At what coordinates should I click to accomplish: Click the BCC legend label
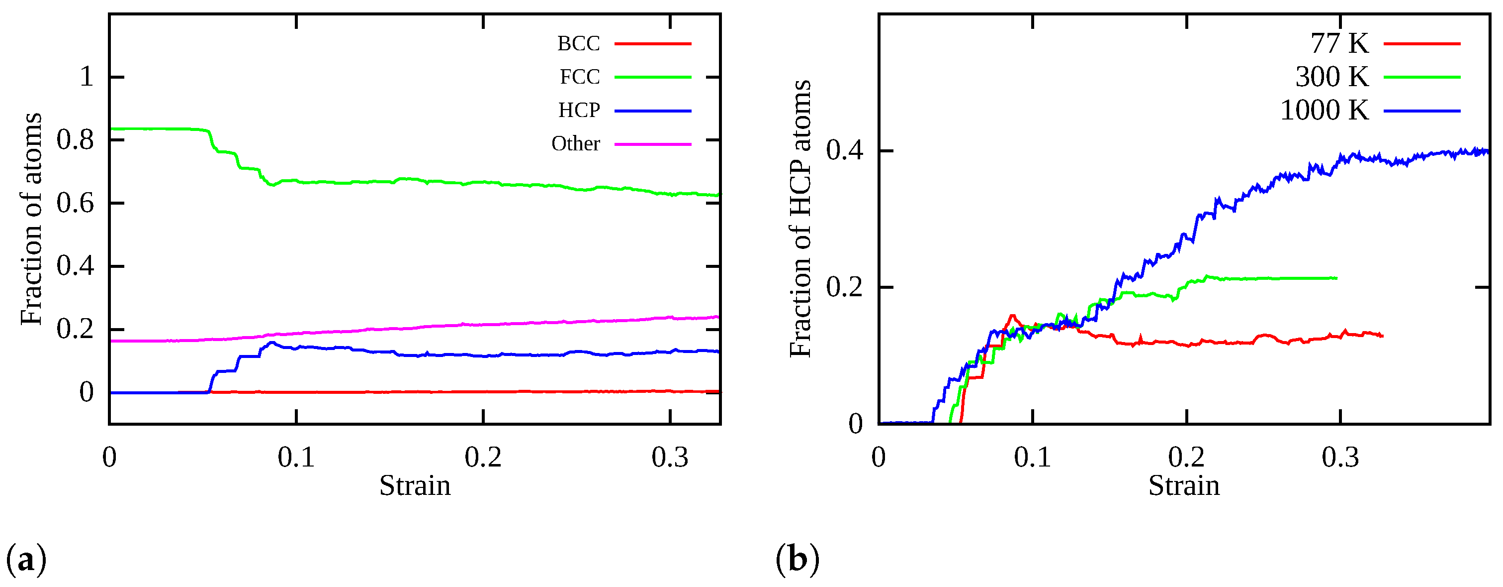578,43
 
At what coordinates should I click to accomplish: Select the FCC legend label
579,77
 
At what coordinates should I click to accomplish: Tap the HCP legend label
578,110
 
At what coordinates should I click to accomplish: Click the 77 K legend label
1338,43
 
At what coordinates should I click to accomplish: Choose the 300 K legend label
1331,77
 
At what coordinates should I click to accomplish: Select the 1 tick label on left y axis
86,77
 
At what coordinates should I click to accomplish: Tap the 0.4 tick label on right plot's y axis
844,151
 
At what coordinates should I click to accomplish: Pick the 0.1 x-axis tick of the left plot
296,458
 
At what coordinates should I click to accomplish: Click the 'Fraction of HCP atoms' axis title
800,219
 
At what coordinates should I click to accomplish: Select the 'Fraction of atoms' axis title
31,219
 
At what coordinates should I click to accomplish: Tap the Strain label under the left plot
415,486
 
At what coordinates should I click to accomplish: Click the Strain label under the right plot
1184,486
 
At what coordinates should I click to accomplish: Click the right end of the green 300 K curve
1335,278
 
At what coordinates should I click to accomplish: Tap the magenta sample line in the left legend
652,144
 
